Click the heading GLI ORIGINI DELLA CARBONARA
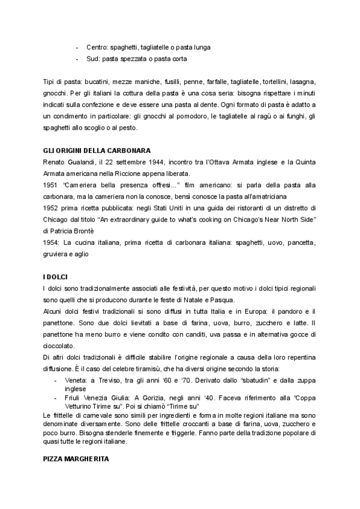(x=96, y=150)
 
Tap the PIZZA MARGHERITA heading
(x=76, y=457)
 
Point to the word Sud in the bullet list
(x=92, y=59)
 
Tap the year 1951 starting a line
(x=52, y=185)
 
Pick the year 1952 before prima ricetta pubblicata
(x=52, y=209)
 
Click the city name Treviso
(x=118, y=381)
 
